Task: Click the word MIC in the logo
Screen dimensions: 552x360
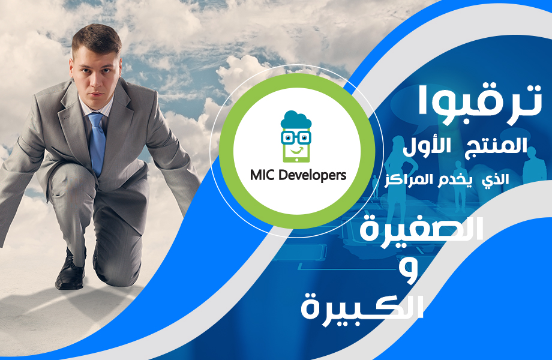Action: pyautogui.click(x=263, y=175)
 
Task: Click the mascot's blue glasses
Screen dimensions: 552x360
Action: pyautogui.click(x=296, y=137)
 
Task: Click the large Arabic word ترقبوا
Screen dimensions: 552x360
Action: pyautogui.click(x=479, y=101)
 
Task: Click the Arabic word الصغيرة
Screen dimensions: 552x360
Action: pyautogui.click(x=421, y=229)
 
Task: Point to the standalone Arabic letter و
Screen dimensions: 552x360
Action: pyautogui.click(x=409, y=271)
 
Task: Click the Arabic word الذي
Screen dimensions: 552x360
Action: pyautogui.click(x=496, y=179)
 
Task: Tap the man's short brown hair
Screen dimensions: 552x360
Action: pyautogui.click(x=96, y=39)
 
